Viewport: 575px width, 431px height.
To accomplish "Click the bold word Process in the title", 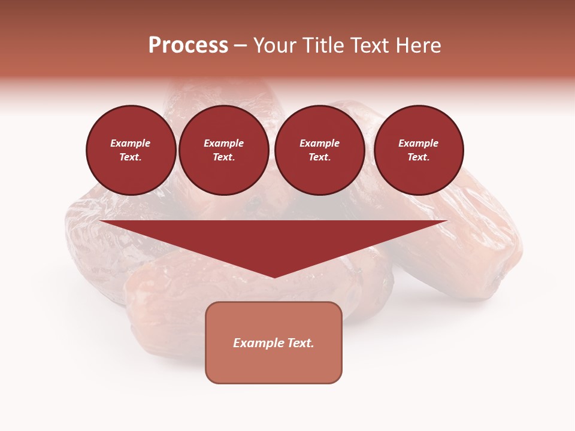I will pyautogui.click(x=188, y=45).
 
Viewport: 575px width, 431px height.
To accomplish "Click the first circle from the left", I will pyautogui.click(x=131, y=150).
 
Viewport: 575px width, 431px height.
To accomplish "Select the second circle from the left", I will pyautogui.click(x=224, y=150).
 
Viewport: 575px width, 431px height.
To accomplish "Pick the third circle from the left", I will pyautogui.click(x=320, y=150).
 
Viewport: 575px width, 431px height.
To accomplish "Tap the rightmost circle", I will pyautogui.click(x=419, y=150).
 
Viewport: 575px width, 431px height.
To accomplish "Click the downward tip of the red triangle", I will pyautogui.click(x=274, y=276).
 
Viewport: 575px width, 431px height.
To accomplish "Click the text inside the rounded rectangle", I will pyautogui.click(x=274, y=343).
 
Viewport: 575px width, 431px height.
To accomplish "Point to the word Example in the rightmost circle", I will pyautogui.click(x=419, y=143).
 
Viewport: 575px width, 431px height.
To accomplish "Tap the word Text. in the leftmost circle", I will pyautogui.click(x=131, y=157).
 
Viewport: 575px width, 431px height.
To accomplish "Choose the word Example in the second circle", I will pyautogui.click(x=224, y=143).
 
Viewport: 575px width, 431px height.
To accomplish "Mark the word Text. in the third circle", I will pyautogui.click(x=320, y=157).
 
